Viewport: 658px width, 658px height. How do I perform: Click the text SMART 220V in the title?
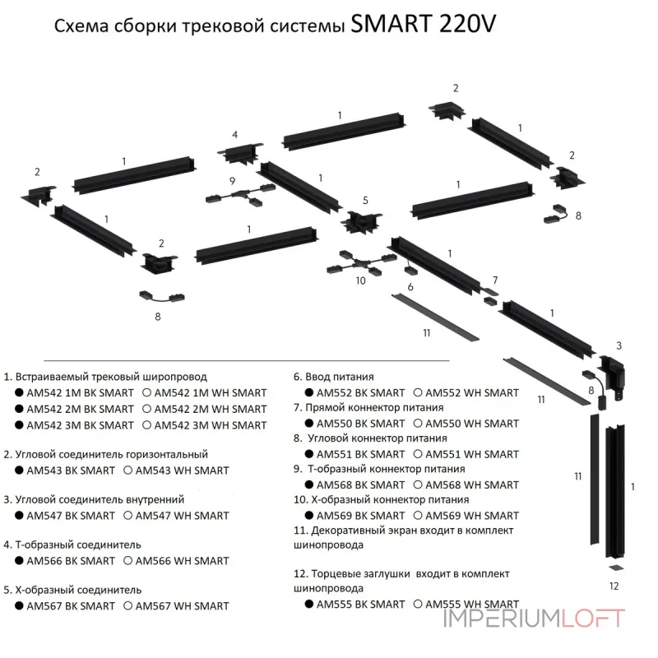[423, 25]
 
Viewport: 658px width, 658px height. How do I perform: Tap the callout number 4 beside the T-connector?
[234, 134]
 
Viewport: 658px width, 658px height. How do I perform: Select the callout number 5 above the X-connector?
[365, 200]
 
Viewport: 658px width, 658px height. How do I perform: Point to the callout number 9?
[233, 180]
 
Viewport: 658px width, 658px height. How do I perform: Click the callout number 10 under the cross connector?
[359, 281]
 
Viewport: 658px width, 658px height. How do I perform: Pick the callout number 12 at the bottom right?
[614, 586]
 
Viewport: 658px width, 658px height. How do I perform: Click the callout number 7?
[495, 280]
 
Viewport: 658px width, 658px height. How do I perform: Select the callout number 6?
[410, 286]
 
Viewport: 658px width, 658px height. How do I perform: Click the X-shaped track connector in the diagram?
[360, 222]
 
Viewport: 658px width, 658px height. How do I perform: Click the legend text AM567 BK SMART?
[71, 606]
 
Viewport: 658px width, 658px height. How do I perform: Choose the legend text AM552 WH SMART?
[473, 393]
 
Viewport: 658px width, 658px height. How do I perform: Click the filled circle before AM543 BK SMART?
[18, 470]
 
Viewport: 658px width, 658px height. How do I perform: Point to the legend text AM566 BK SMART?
[71, 561]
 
